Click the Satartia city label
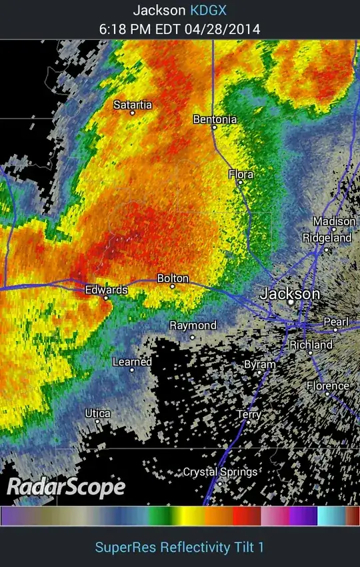click(x=133, y=105)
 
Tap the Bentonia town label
click(x=215, y=119)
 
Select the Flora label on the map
click(x=241, y=174)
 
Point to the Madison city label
click(x=334, y=221)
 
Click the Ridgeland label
click(x=327, y=238)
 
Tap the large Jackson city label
click(x=290, y=293)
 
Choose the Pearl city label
click(x=336, y=322)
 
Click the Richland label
click(x=311, y=345)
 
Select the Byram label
click(x=259, y=364)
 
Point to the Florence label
click(x=327, y=386)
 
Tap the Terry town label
click(x=249, y=414)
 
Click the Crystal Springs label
click(x=220, y=472)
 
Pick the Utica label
click(x=97, y=414)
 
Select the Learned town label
click(x=132, y=362)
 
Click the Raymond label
click(x=193, y=325)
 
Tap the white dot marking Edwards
click(x=106, y=298)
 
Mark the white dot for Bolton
click(x=173, y=286)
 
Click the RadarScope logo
click(x=66, y=486)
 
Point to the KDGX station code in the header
click(x=209, y=10)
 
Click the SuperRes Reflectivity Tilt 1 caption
click(x=179, y=547)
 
